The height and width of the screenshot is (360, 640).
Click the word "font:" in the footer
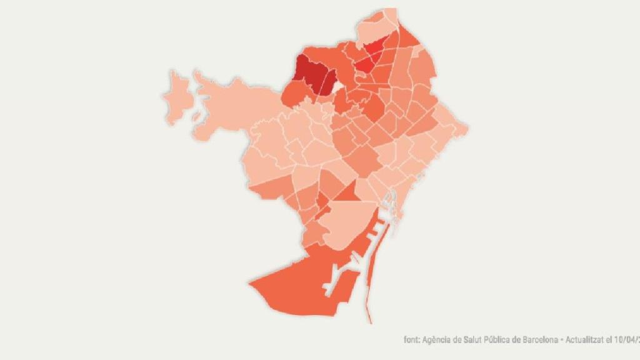pos(412,340)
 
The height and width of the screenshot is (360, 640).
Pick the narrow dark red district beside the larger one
pos(329,81)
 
